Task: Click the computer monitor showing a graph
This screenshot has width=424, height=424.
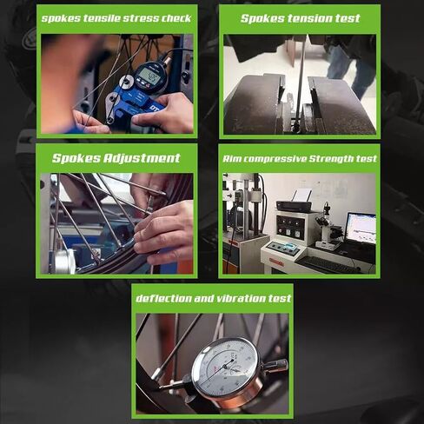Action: pos(361,229)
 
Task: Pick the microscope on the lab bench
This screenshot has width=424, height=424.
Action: pos(328,228)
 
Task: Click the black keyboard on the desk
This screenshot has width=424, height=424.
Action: pos(327,264)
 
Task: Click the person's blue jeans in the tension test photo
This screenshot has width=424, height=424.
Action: pos(349,69)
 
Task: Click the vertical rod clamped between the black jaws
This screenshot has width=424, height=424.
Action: pos(300,84)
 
